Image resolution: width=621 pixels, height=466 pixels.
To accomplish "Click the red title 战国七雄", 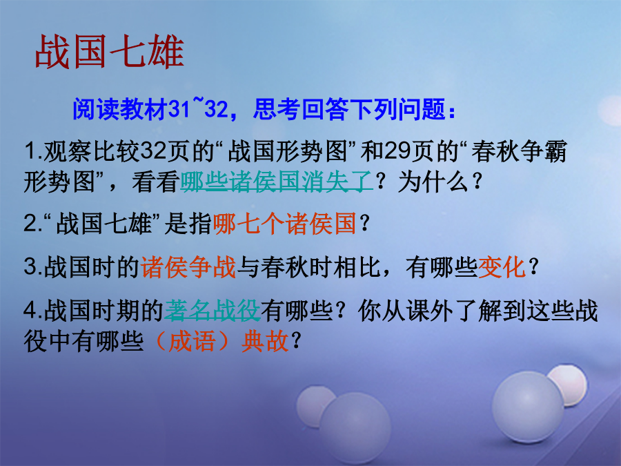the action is [x=110, y=52].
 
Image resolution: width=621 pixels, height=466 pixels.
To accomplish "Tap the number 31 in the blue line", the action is [x=179, y=109].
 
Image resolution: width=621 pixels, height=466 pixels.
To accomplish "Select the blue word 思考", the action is [x=277, y=109].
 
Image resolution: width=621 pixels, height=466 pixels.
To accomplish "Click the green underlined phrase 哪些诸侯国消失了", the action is [x=277, y=182].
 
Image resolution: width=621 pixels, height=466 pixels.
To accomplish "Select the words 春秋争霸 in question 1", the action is [x=519, y=152].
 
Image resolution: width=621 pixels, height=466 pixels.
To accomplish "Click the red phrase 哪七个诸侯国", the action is [x=285, y=224].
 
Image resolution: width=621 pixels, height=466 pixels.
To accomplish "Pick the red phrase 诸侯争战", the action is [x=188, y=266].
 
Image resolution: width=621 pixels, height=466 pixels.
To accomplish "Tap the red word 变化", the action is [x=502, y=266].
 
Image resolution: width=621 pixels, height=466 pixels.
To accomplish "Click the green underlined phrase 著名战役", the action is [x=213, y=310].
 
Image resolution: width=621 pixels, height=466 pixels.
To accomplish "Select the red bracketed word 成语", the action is [x=192, y=341].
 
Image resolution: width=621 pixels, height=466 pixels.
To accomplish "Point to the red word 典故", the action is [x=265, y=341].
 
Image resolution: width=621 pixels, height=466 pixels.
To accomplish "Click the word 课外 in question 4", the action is [x=430, y=310].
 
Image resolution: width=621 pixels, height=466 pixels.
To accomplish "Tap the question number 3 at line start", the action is [x=31, y=266].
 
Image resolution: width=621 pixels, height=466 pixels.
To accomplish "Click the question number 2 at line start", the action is [x=31, y=224].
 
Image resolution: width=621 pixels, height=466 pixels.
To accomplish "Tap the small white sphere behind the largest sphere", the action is [x=569, y=384].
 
